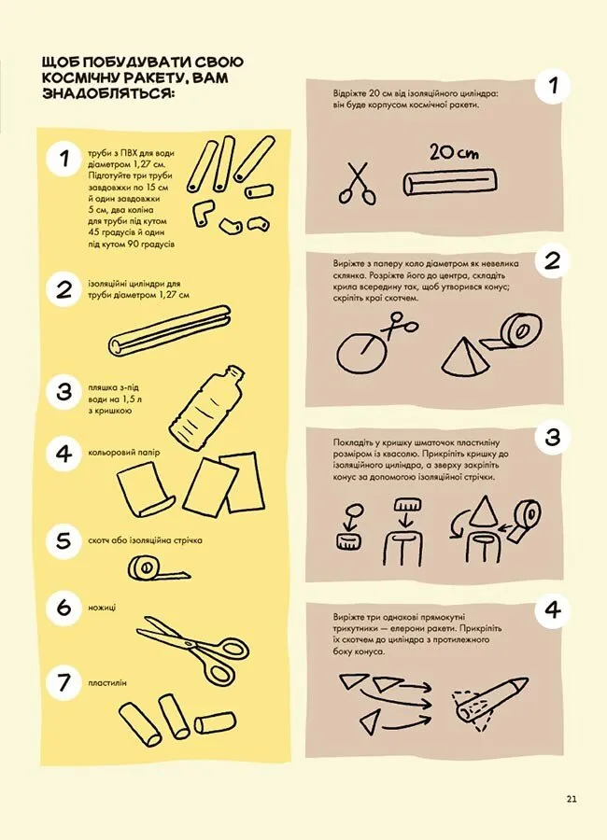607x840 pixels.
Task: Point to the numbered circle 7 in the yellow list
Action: tap(64, 683)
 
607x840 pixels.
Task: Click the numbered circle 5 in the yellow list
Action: tap(64, 541)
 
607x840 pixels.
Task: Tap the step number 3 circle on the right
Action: tap(552, 438)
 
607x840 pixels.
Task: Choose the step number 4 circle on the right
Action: tap(552, 609)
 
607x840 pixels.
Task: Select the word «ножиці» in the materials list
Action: tap(102, 608)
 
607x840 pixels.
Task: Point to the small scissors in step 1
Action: tap(356, 183)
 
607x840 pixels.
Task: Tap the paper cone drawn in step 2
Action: tap(463, 357)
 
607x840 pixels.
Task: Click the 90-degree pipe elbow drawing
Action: tap(202, 213)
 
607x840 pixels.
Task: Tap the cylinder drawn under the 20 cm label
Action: tap(449, 182)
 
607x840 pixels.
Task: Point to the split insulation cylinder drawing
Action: tap(169, 331)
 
